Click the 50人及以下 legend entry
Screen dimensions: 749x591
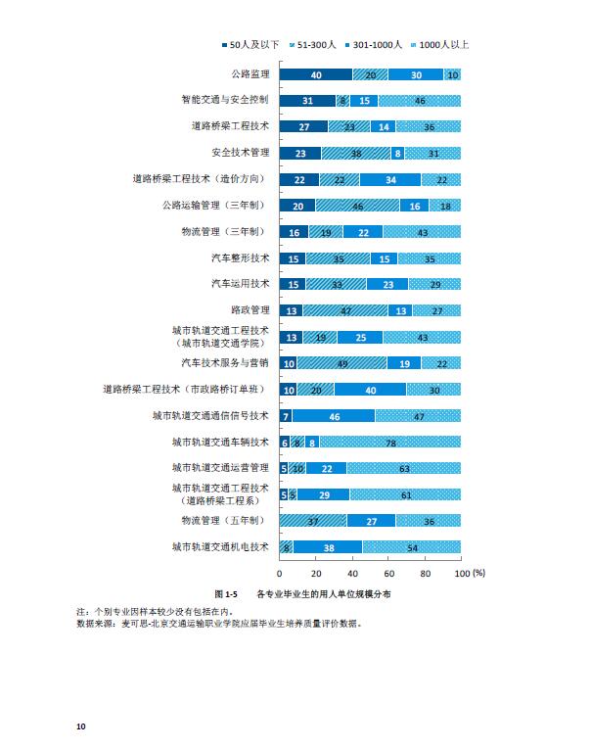pos(251,45)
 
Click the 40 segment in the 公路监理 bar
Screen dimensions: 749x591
pos(315,74)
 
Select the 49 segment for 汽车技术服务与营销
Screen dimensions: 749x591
pos(341,362)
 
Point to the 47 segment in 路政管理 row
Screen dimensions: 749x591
pos(344,310)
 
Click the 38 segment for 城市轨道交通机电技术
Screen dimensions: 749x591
pos(328,547)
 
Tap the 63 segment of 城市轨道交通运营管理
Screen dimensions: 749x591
pos(403,468)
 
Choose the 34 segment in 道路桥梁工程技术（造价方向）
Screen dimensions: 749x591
pos(390,179)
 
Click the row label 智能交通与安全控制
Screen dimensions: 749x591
pos(225,100)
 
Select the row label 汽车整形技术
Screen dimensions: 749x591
pos(240,257)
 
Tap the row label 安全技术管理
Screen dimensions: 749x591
pos(240,153)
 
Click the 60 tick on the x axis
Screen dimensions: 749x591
pos(388,573)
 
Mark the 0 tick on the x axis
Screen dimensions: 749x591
pos(280,573)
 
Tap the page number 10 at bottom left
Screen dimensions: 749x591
pos(81,726)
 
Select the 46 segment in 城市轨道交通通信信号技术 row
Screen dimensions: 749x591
pos(334,415)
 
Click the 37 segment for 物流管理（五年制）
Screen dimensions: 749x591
pos(313,521)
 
